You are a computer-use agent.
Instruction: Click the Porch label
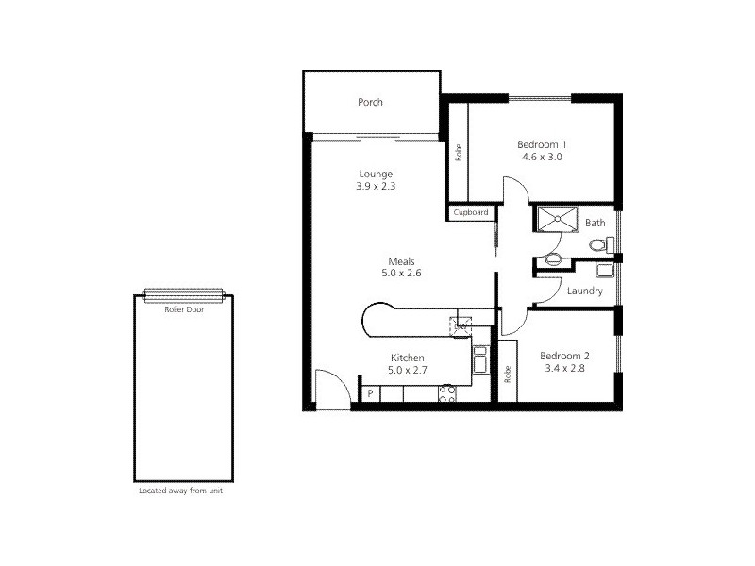point(370,103)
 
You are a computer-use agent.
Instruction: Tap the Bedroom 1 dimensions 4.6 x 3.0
point(541,158)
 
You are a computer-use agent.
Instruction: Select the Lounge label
point(376,174)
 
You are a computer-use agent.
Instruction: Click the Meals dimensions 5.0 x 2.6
point(402,275)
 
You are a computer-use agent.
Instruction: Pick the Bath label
point(595,224)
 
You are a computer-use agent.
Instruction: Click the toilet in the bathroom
point(596,245)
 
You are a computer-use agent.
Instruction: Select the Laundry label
point(585,291)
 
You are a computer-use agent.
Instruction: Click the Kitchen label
point(408,358)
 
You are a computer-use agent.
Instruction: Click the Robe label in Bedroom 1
point(459,151)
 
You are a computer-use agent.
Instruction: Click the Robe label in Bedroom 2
point(508,374)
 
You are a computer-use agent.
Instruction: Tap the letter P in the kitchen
point(370,393)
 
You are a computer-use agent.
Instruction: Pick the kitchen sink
point(479,359)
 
